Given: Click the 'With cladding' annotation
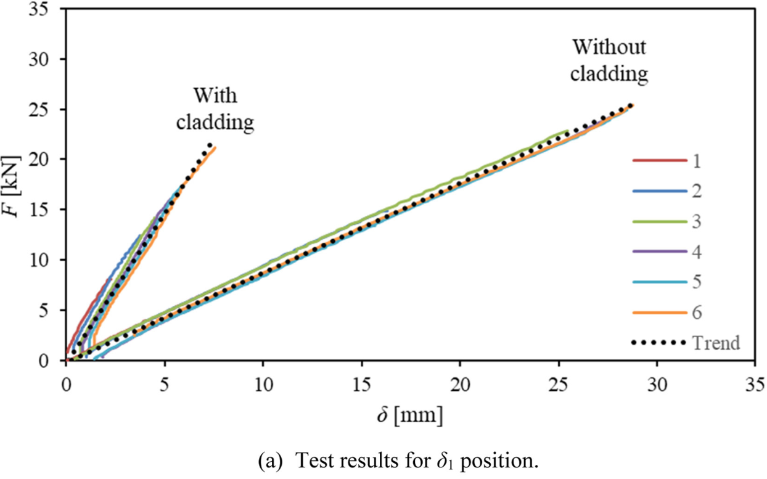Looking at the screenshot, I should pyautogui.click(x=215, y=109).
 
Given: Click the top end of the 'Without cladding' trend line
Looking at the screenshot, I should pyautogui.click(x=631, y=105).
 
